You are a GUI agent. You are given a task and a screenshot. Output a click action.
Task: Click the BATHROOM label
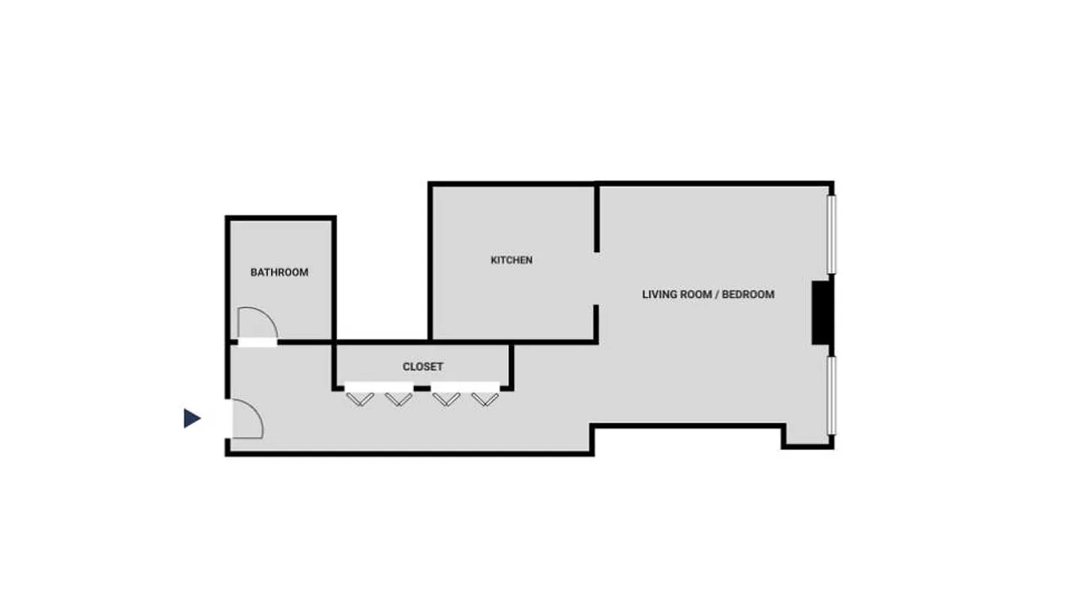(279, 272)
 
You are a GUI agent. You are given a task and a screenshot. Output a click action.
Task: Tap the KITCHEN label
(512, 260)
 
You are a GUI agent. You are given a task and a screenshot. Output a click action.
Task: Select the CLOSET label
(423, 367)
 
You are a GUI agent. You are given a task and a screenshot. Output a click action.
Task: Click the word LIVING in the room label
(659, 295)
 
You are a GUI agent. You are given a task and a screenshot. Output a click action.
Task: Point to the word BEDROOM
(748, 295)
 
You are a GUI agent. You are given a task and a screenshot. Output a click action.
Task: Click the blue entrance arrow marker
(192, 418)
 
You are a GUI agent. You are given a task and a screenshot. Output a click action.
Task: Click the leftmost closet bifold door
(360, 398)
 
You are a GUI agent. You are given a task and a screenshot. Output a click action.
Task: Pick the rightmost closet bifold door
(485, 398)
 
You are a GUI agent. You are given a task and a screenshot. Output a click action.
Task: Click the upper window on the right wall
(831, 234)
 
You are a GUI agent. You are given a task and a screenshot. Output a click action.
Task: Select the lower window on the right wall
(831, 395)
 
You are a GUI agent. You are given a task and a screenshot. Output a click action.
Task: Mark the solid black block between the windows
(822, 312)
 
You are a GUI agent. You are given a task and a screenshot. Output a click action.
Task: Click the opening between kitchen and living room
(597, 278)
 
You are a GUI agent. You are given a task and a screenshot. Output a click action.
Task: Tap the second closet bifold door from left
(398, 398)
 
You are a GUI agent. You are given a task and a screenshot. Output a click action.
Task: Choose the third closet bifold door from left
(447, 398)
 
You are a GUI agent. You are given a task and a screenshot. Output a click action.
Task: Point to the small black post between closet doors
(422, 388)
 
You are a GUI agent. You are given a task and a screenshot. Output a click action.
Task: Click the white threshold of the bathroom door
(257, 343)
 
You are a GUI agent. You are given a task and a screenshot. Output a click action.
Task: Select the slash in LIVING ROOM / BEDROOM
(716, 295)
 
